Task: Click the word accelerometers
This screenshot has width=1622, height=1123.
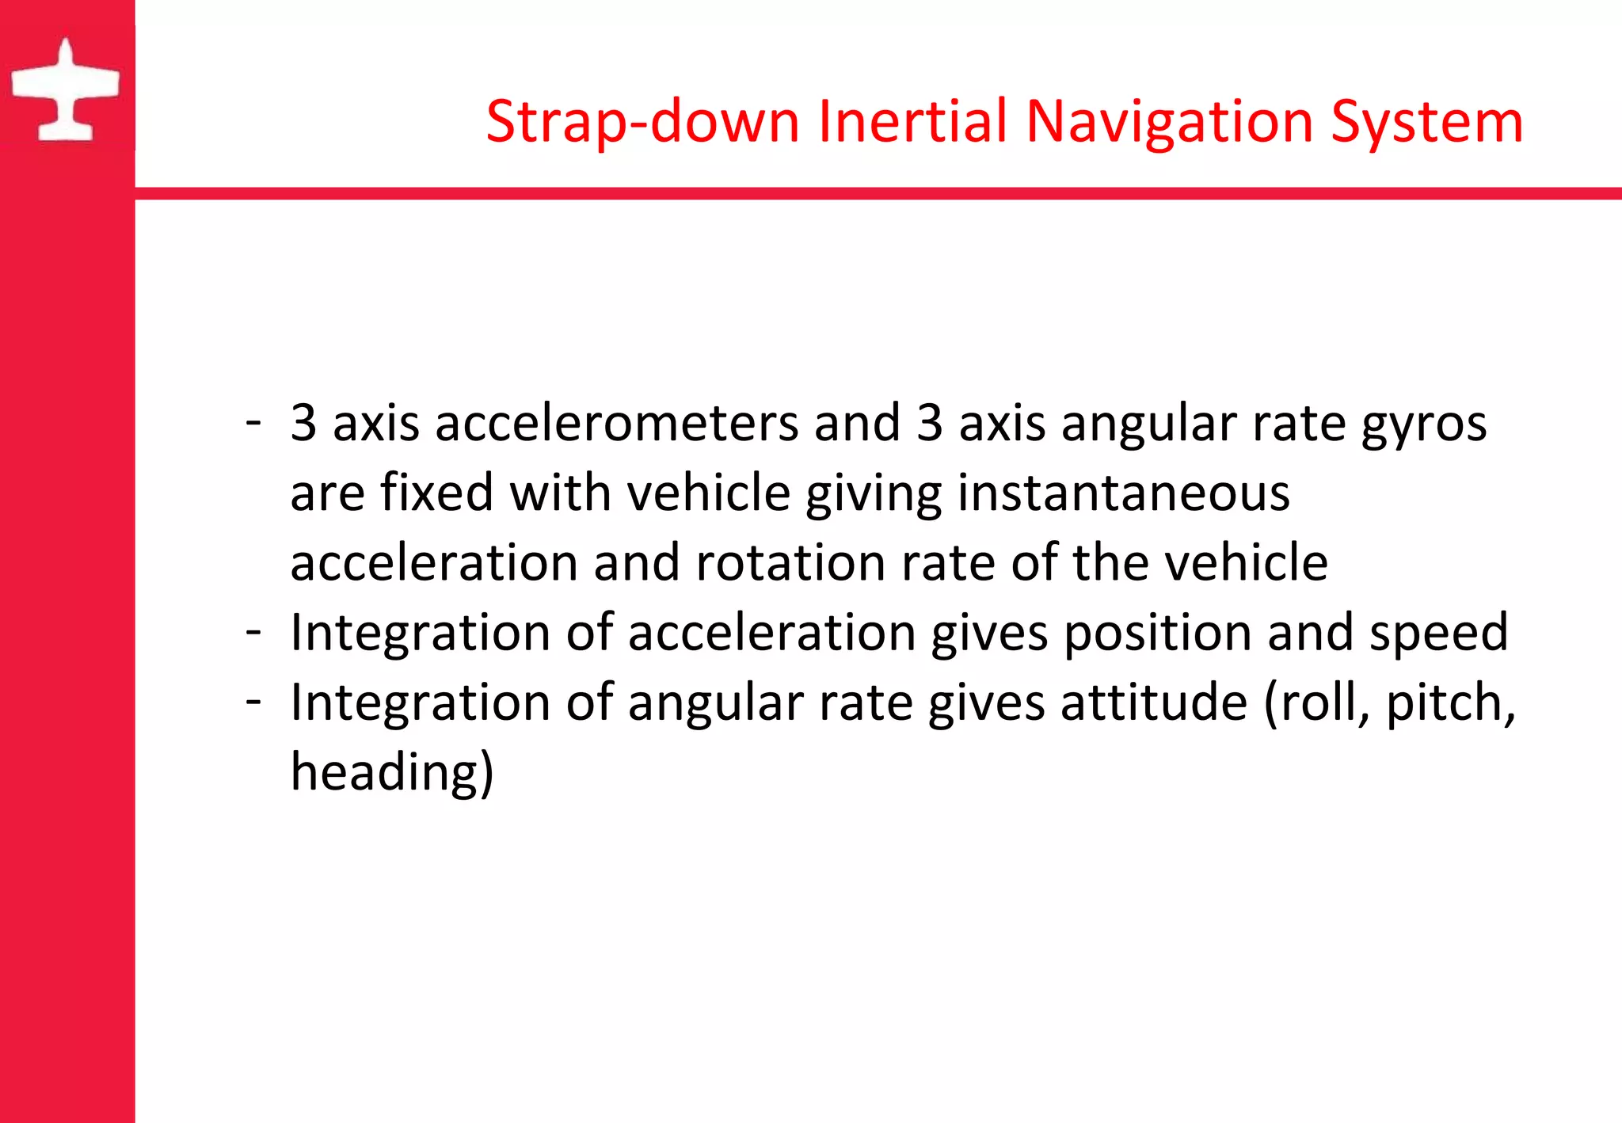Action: point(616,423)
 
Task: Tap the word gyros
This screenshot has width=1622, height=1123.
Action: point(1423,424)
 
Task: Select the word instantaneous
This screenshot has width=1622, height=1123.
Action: point(1124,493)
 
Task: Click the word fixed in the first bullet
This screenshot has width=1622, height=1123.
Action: point(436,493)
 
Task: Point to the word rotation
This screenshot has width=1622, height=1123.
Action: point(790,562)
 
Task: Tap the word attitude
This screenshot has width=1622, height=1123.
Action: point(1154,702)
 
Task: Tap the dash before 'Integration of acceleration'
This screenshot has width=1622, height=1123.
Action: point(253,631)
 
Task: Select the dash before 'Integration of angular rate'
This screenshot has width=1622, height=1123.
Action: point(253,701)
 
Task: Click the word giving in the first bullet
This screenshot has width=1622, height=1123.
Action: point(874,493)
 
